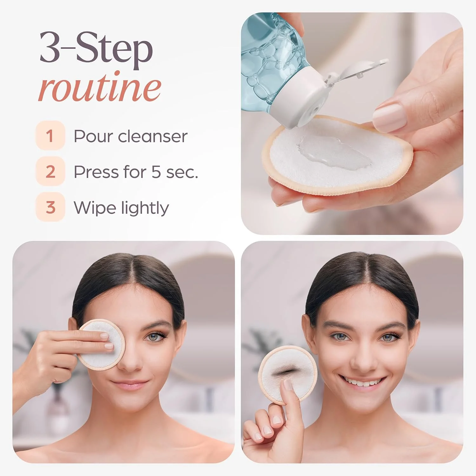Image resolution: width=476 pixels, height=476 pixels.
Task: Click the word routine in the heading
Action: pos(99,87)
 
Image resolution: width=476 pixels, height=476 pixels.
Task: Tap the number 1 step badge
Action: pos(50,136)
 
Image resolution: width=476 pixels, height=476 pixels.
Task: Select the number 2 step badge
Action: pos(50,171)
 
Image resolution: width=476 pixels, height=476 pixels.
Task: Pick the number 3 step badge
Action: pos(50,207)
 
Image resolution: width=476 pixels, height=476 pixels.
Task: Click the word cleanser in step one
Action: pos(153,136)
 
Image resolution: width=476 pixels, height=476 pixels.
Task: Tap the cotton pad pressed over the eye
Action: pos(101,345)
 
